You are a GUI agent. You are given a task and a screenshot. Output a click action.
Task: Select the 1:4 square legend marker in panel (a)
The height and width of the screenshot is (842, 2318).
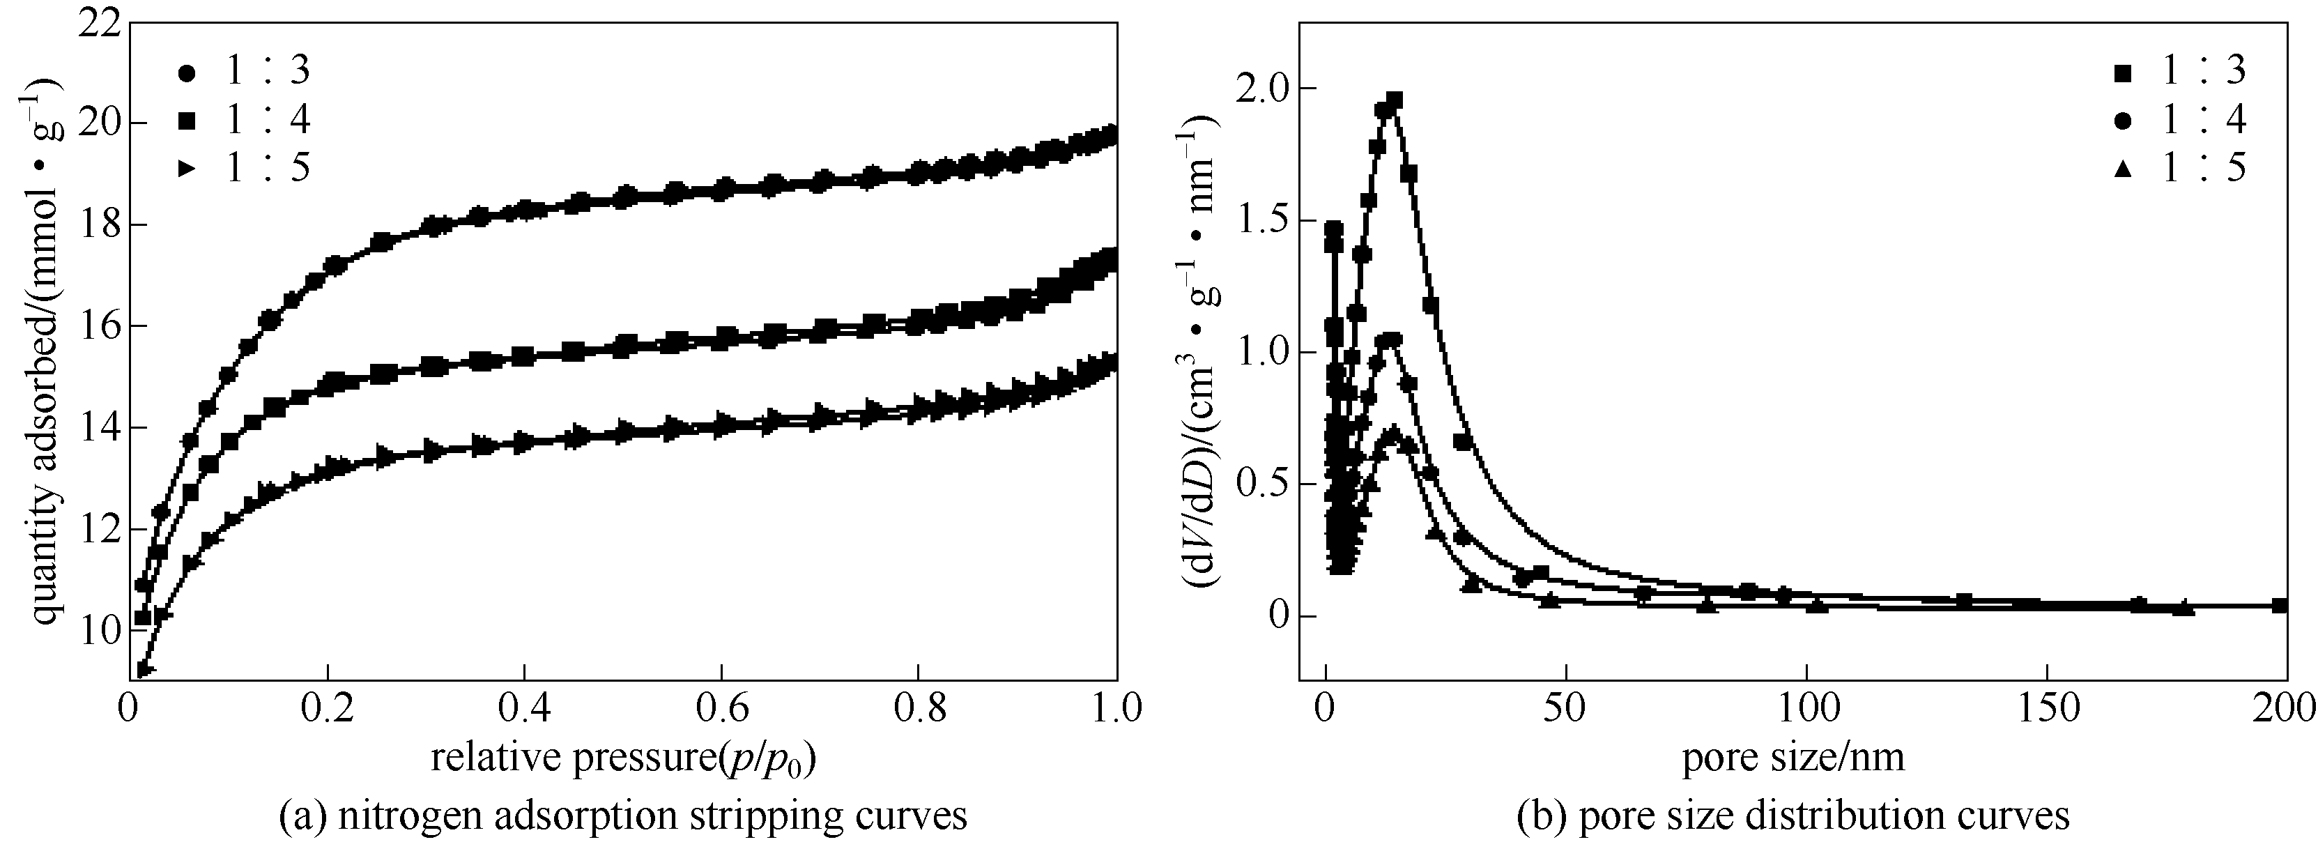pos(187,121)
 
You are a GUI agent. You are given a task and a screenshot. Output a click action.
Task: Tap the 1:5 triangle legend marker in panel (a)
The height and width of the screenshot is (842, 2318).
pos(187,168)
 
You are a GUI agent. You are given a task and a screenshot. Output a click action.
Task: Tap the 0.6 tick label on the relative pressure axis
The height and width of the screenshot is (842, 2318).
pos(721,709)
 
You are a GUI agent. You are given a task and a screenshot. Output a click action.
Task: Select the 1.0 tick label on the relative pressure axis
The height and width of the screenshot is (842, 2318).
pos(1112,709)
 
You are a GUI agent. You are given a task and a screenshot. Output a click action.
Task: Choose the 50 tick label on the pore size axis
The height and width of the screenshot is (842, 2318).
pos(1567,709)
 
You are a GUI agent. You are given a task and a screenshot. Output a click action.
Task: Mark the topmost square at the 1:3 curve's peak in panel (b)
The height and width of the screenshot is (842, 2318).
pos(1395,100)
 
